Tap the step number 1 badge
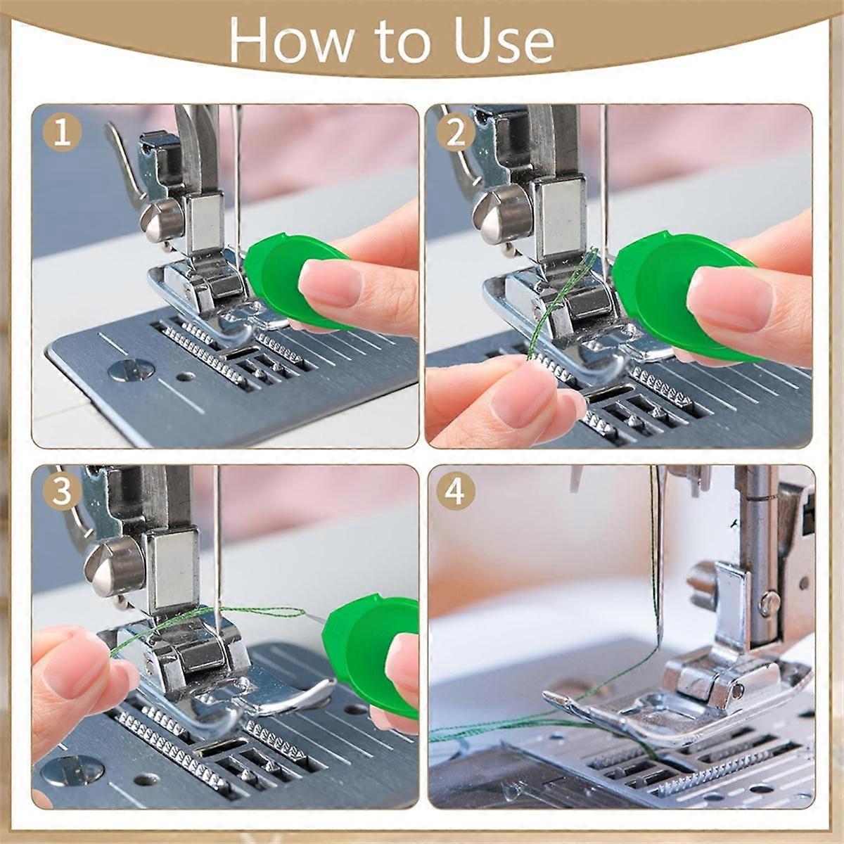(x=62, y=134)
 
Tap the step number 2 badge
(x=456, y=134)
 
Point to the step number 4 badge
(x=456, y=492)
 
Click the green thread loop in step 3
(x=260, y=612)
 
